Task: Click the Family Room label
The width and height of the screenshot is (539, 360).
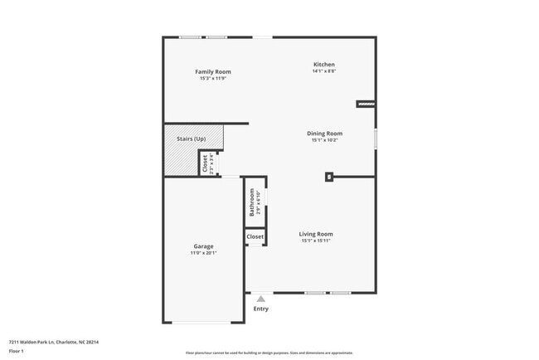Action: tap(212, 72)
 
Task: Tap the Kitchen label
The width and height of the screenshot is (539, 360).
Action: tap(323, 65)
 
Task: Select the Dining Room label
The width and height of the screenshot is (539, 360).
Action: tap(326, 134)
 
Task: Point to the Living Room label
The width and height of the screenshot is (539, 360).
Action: tap(316, 234)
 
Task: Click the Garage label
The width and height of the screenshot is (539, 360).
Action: tap(204, 246)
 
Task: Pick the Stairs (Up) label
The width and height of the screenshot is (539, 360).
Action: tap(192, 139)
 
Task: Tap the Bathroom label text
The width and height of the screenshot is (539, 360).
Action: tap(250, 202)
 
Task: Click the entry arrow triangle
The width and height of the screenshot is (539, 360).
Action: tap(261, 299)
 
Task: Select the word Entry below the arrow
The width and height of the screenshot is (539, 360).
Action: tap(261, 309)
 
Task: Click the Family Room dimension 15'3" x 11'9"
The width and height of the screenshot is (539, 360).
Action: tap(212, 79)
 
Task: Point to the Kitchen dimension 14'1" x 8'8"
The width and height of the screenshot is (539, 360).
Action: tap(323, 71)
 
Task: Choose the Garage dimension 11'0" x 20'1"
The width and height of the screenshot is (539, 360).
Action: tap(204, 253)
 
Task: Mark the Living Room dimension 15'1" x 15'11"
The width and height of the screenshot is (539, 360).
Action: tap(316, 241)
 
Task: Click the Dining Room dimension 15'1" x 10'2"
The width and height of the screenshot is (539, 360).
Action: tap(326, 140)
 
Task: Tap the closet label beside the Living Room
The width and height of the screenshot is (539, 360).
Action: tap(255, 237)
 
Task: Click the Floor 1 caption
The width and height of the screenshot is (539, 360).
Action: tap(17, 351)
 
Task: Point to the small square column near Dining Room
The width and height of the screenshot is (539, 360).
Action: tap(329, 176)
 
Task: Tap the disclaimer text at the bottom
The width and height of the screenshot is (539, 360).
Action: tap(269, 353)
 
